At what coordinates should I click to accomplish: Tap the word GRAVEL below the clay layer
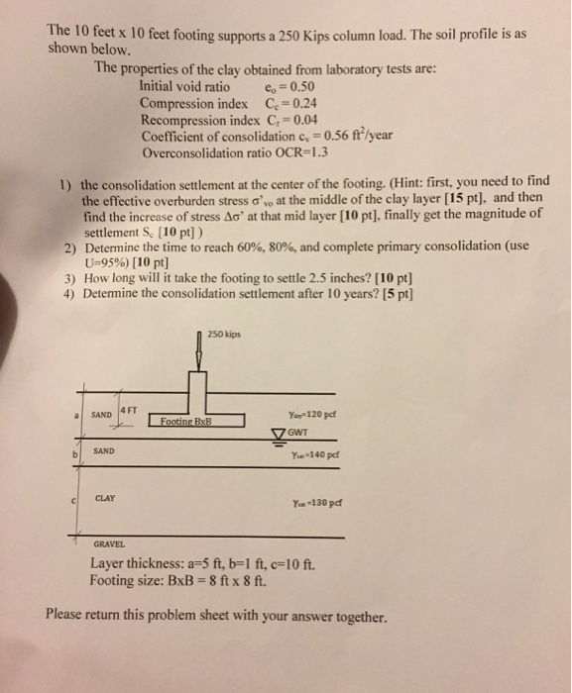point(108,544)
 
